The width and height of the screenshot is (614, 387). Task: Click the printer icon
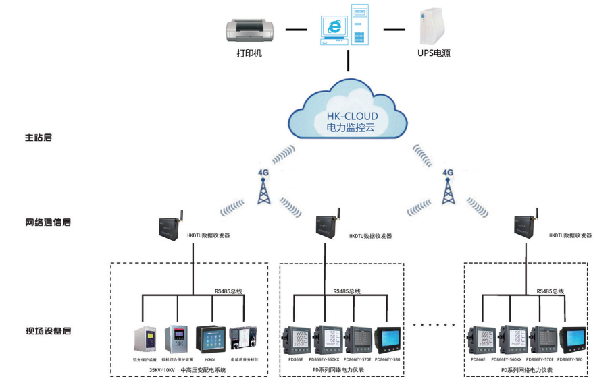pos(249,30)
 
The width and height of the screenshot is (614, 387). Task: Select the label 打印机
pos(249,53)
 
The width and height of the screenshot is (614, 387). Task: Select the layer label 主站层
pos(39,138)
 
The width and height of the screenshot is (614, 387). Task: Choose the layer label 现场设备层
pos(48,330)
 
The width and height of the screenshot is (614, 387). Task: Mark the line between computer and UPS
pos(394,30)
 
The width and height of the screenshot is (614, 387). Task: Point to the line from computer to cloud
pos(349,60)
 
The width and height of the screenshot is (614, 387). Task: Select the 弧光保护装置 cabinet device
pos(145,340)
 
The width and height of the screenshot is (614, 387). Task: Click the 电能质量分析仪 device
pos(243,340)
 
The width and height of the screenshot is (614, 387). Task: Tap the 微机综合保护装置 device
pos(178,340)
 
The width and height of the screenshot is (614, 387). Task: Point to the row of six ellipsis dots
pos(434,324)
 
